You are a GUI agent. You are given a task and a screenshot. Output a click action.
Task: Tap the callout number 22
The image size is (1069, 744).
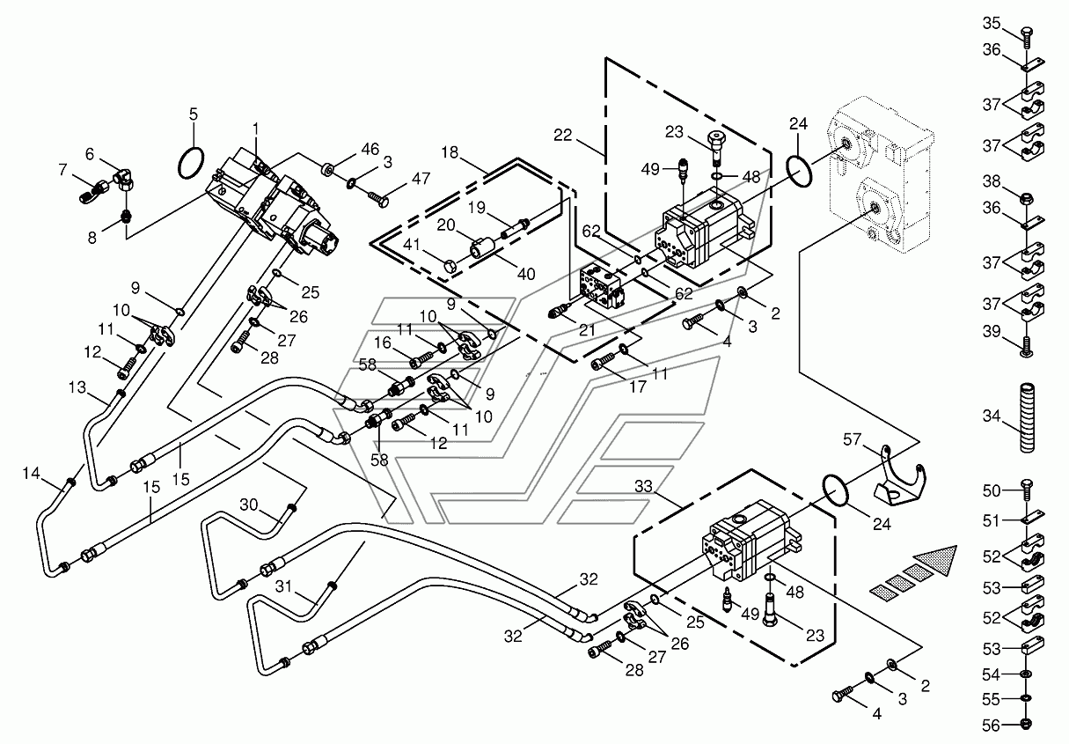point(563,135)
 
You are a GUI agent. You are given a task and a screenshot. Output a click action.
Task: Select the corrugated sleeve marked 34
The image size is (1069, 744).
point(1027,417)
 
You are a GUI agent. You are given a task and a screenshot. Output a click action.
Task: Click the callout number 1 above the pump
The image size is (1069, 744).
point(255,129)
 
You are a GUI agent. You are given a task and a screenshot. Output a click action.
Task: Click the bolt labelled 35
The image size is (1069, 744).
point(1027,37)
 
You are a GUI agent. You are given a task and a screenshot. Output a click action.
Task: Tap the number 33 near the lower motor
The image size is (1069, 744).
point(643,486)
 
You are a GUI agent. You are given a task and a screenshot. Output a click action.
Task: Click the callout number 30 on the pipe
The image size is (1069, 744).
point(248,505)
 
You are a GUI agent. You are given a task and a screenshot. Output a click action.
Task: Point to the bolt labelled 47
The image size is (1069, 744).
point(378,199)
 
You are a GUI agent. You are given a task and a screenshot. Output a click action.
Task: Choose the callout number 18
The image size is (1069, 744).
point(450,152)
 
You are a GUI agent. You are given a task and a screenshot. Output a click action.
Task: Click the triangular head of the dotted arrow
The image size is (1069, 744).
point(937,559)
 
